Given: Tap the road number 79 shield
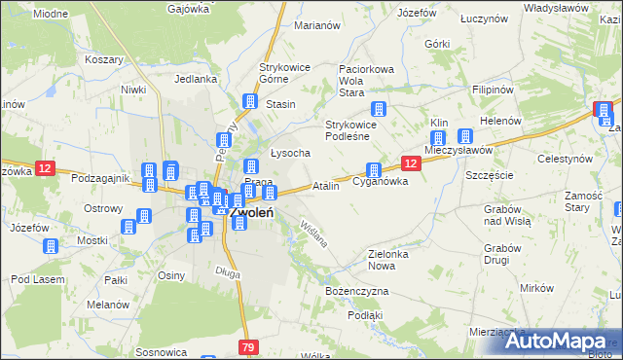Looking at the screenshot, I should (x=249, y=347).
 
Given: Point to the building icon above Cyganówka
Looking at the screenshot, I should (x=373, y=170).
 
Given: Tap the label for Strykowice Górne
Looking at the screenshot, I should (x=285, y=74).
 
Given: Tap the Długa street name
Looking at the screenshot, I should (x=228, y=272).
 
